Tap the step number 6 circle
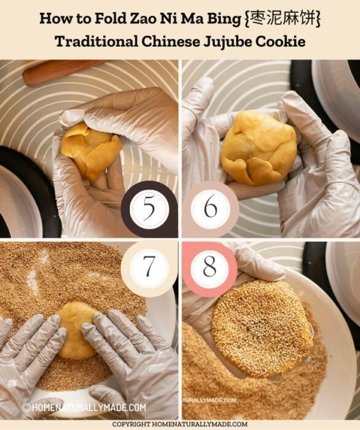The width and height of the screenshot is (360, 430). tap(210, 208)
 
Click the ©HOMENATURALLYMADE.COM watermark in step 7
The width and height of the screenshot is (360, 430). tap(84, 407)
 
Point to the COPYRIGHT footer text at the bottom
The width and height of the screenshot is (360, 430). tap(180, 424)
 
